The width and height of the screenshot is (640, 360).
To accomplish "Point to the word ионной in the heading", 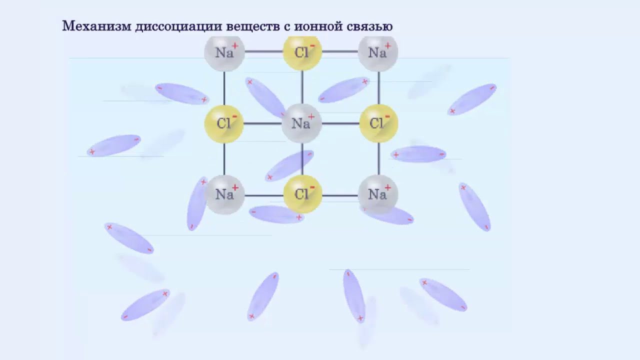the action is (318, 26).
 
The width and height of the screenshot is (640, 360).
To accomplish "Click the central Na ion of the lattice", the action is (301, 123).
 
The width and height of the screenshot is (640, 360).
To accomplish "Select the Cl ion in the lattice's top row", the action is (302, 52).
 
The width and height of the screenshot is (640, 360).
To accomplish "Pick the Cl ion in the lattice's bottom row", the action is (302, 194).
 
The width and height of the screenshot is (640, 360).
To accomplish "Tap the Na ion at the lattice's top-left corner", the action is (224, 52).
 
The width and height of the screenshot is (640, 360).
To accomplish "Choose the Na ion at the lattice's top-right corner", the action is (378, 52).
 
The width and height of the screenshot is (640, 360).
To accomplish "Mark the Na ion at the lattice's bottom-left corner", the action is (224, 194).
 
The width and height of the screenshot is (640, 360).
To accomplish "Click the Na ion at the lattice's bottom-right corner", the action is (378, 194).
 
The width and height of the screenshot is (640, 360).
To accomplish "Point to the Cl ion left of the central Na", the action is (224, 123).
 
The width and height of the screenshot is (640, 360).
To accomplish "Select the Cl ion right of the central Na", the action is (378, 123).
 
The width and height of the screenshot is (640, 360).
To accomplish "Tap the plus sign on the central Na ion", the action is (311, 117).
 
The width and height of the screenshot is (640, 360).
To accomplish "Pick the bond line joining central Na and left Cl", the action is (262, 123).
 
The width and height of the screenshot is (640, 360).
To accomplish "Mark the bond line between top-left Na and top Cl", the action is (263, 51).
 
